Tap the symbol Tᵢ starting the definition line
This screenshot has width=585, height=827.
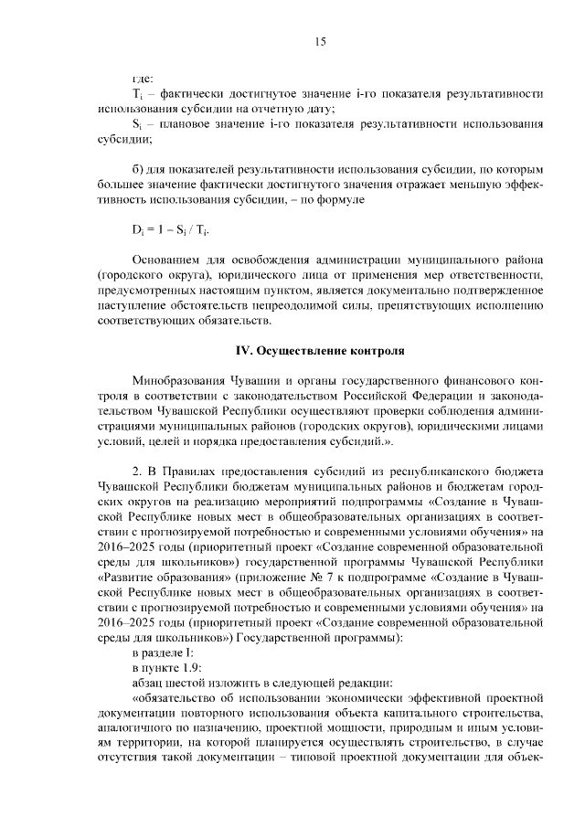tap(138, 94)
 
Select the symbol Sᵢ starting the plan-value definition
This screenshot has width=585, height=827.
tap(138, 125)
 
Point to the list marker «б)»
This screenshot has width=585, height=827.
tap(140, 170)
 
